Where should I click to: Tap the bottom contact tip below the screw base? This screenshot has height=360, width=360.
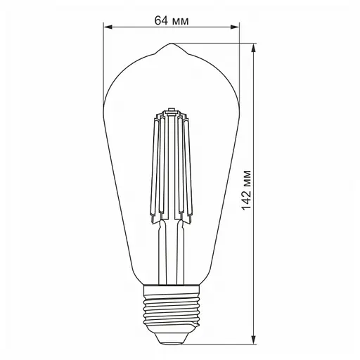[170, 339]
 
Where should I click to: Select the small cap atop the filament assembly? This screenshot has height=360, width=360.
[170, 111]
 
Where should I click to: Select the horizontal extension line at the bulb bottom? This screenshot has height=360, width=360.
[218, 342]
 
